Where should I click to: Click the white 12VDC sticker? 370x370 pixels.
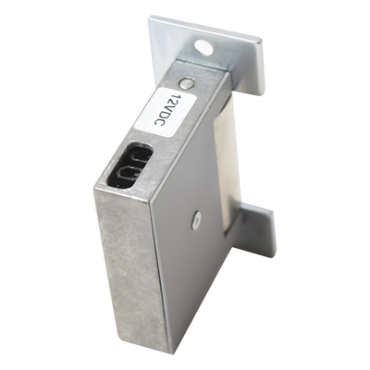[x=166, y=111]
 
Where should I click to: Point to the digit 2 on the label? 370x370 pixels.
[x=174, y=101]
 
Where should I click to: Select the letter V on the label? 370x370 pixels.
[x=169, y=108]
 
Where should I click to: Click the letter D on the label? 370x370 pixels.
[x=165, y=116]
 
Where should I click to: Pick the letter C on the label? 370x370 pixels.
[x=160, y=124]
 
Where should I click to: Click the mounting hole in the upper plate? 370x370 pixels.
[x=203, y=48]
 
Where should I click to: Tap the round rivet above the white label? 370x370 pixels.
[x=187, y=83]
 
